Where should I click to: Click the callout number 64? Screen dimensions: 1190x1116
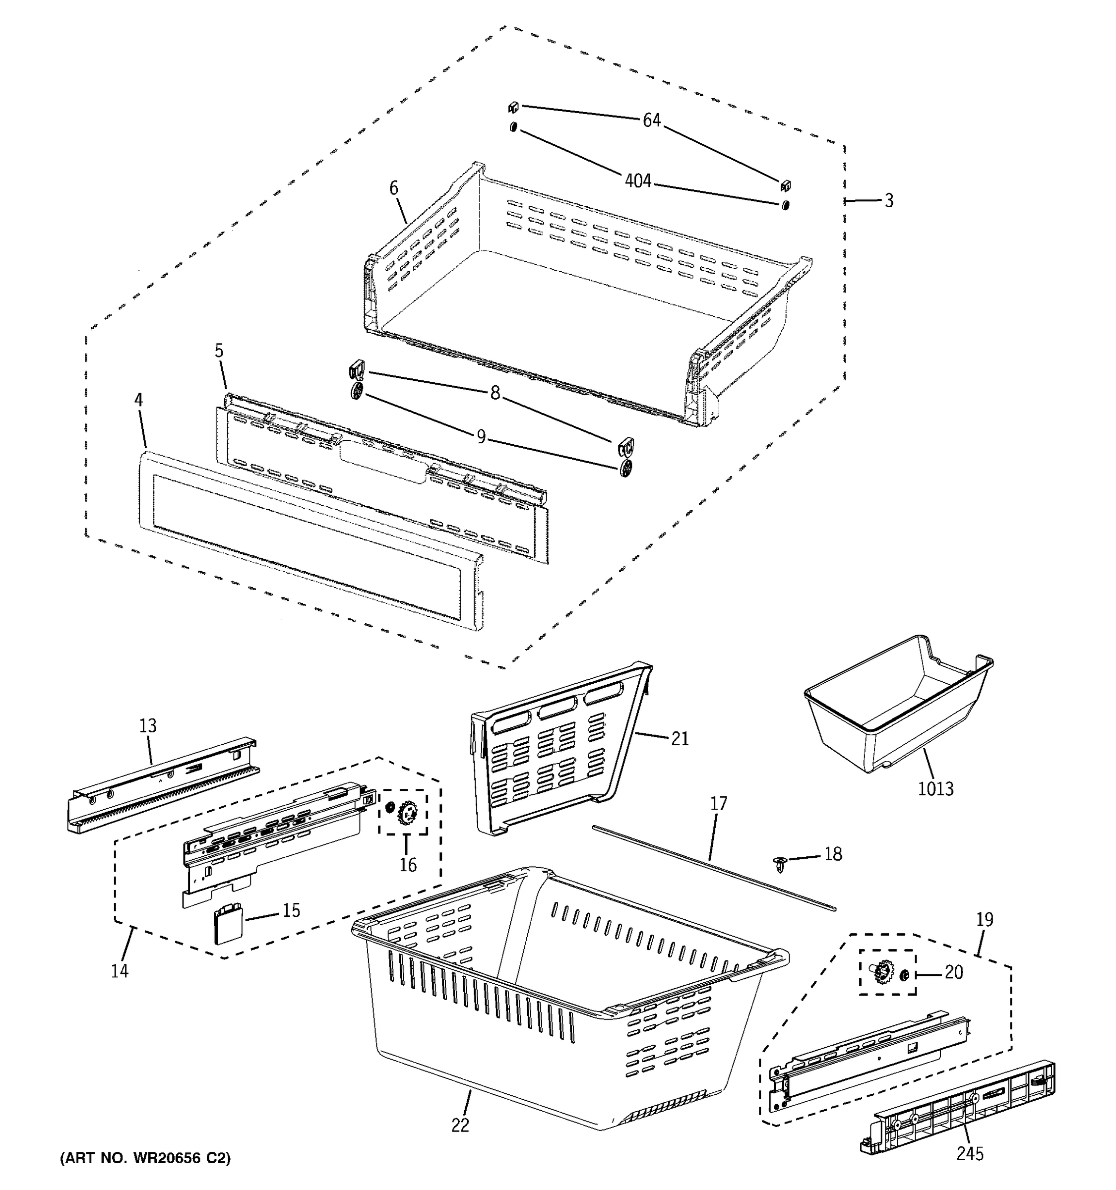tap(651, 120)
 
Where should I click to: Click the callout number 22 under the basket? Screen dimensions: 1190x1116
tap(460, 1125)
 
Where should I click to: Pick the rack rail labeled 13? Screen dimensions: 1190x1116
tap(162, 784)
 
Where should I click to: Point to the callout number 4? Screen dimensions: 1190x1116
tap(138, 400)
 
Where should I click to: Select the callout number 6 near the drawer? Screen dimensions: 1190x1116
tap(393, 188)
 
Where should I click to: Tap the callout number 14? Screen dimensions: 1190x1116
tap(120, 970)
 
